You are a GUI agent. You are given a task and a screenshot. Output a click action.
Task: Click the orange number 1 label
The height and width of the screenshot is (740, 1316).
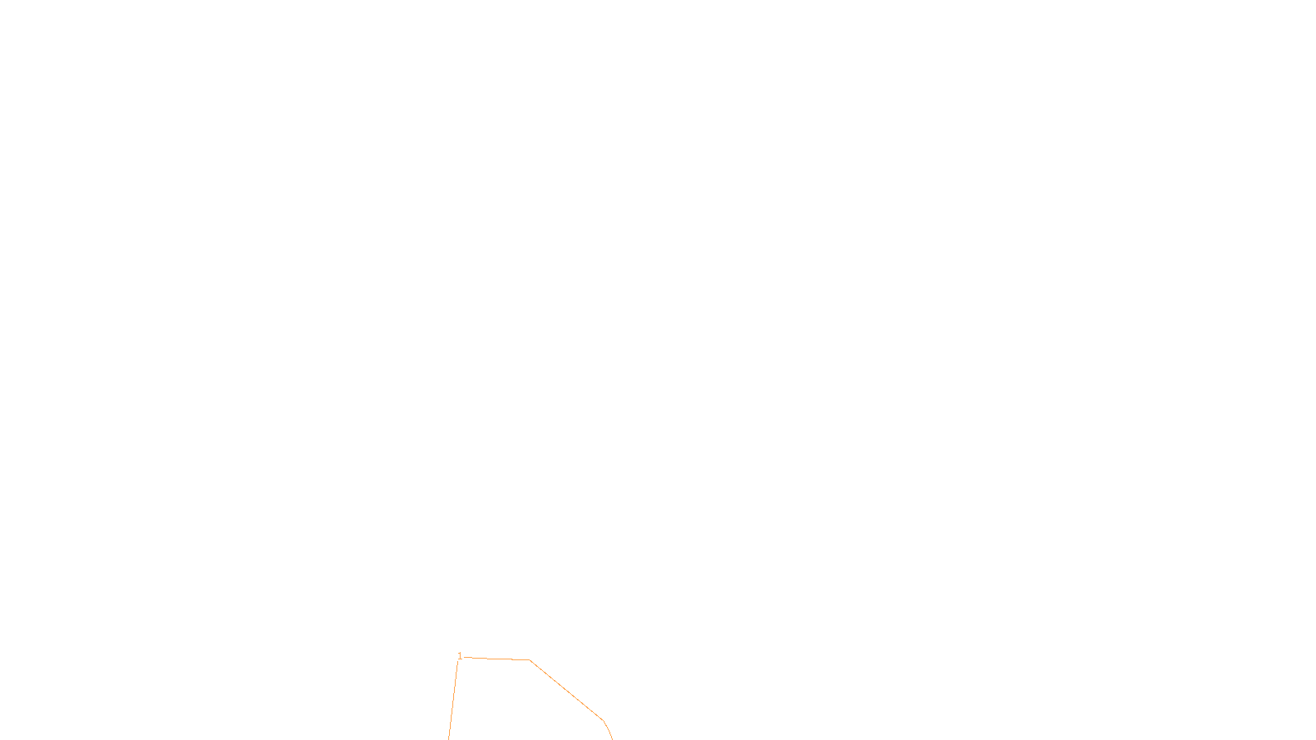pyautogui.click(x=460, y=656)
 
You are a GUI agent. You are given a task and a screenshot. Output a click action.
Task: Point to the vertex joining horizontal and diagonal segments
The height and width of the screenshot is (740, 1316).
pyautogui.click(x=530, y=660)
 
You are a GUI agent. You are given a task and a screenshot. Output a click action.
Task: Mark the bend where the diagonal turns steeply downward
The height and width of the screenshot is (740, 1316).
pyautogui.click(x=604, y=721)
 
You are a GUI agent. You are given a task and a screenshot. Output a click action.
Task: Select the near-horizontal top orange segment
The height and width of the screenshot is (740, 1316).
pyautogui.click(x=498, y=659)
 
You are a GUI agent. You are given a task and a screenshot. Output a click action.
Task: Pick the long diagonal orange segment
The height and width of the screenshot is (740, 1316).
pyautogui.click(x=567, y=691)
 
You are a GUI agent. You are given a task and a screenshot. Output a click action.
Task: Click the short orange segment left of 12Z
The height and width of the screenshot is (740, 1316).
pyautogui.click(x=608, y=730)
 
